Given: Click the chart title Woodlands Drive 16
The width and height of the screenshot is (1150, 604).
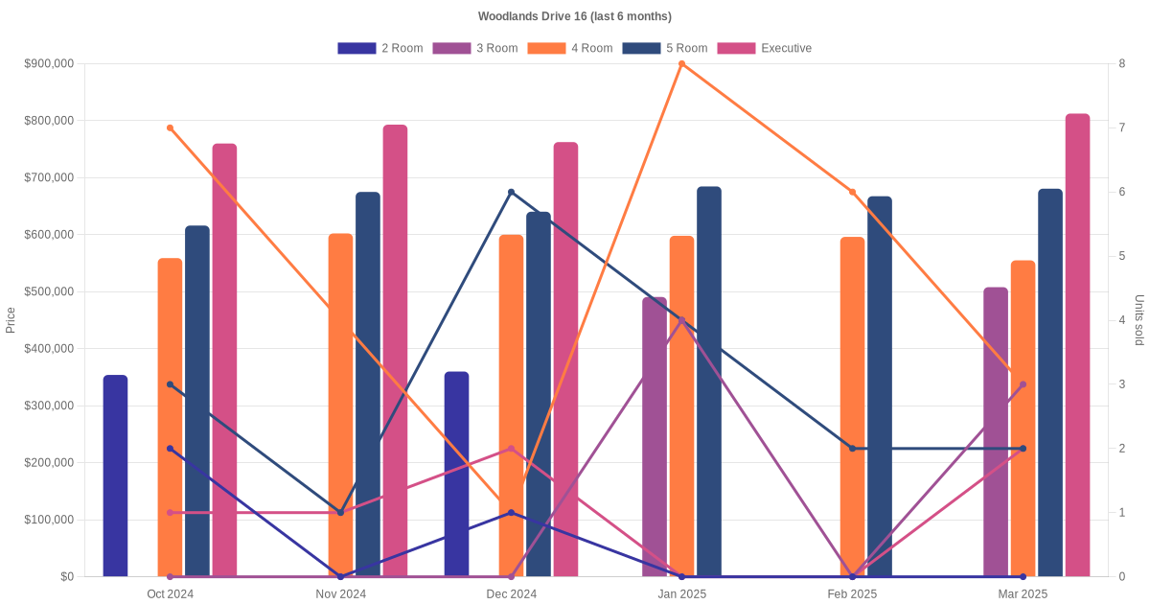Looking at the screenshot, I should point(574,16).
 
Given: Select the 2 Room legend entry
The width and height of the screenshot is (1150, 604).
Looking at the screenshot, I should point(380,48).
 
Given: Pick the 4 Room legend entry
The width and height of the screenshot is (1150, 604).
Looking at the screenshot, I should point(570,48).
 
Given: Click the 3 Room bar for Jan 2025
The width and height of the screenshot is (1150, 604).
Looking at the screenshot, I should point(655,437).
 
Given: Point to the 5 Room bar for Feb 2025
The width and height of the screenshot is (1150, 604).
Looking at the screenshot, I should point(880,386).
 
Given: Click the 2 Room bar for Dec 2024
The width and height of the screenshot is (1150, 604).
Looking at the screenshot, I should point(457,474).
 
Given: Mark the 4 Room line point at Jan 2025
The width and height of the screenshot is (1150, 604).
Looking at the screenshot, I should point(681,64).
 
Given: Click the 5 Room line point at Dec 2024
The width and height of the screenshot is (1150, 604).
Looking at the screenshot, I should point(511,192).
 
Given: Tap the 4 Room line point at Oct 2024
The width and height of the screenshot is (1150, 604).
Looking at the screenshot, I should point(171,128).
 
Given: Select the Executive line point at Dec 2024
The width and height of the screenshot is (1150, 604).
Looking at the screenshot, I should point(511,449).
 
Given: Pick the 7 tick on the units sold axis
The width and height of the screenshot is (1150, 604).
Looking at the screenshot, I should point(1120,128).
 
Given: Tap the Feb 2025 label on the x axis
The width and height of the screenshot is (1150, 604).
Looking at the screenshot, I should point(852,594).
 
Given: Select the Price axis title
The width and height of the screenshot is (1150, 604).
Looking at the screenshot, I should point(11,320).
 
